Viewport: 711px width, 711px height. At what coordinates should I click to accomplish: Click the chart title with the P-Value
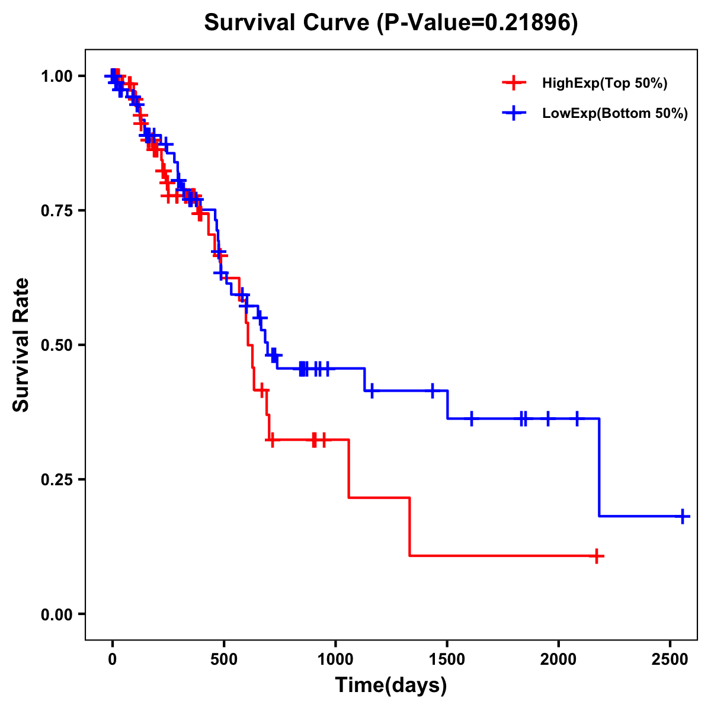click(390, 23)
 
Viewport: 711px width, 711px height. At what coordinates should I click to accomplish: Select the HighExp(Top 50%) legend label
click(605, 84)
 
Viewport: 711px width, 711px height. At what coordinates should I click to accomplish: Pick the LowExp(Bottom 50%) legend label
click(615, 114)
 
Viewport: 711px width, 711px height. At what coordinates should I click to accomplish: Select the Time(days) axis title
click(391, 686)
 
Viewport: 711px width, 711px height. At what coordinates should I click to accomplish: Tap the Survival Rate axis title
click(21, 344)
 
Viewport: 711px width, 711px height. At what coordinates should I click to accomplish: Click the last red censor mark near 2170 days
click(597, 556)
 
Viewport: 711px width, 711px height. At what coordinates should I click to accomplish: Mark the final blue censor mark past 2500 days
click(683, 516)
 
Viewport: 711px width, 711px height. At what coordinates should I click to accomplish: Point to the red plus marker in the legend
click(514, 84)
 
